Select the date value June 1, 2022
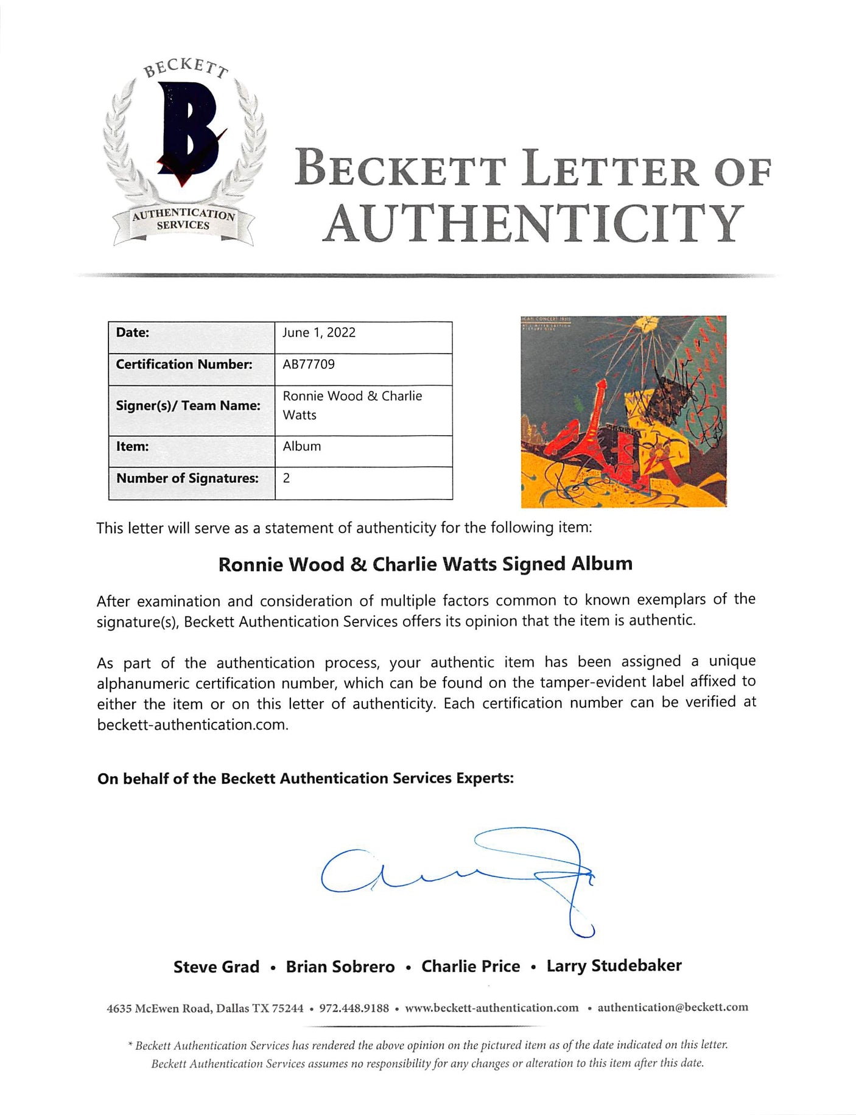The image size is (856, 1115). point(319,333)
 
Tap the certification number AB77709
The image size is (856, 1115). point(309,365)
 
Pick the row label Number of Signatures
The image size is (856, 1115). point(188,478)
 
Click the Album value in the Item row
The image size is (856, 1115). point(302,446)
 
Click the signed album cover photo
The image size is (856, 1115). point(623,411)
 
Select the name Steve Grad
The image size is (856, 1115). point(216,967)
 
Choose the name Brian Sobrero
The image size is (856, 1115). point(340,967)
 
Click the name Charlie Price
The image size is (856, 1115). point(471,966)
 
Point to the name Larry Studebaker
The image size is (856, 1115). point(614,966)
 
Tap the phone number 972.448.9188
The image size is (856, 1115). point(354,1008)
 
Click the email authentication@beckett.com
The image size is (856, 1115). point(673,1007)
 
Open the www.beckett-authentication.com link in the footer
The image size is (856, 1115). point(492,1008)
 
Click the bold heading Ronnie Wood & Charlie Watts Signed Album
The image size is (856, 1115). point(426,564)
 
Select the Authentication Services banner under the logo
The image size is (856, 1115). point(183,219)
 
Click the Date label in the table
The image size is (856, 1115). point(133,333)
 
